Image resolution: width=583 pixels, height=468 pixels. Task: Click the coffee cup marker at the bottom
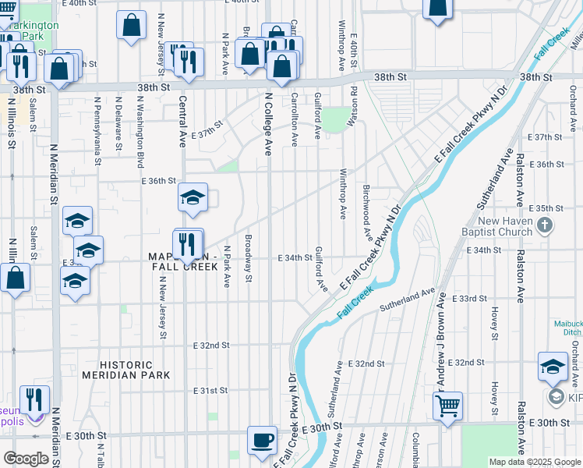click(x=262, y=441)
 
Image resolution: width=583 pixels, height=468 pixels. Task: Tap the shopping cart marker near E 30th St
click(x=448, y=406)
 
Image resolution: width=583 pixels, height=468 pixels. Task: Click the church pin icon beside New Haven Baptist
click(x=546, y=226)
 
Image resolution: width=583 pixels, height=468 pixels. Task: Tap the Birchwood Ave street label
click(x=366, y=211)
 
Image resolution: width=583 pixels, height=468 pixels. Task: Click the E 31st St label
click(x=210, y=390)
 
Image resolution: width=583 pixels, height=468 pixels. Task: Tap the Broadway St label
click(x=249, y=258)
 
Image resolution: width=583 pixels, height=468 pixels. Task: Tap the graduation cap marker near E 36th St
click(x=193, y=198)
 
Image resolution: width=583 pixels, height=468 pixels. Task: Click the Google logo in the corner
click(x=25, y=459)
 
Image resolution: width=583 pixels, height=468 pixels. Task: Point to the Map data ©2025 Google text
click(x=534, y=462)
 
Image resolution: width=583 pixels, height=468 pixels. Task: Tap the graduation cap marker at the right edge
click(x=553, y=367)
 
